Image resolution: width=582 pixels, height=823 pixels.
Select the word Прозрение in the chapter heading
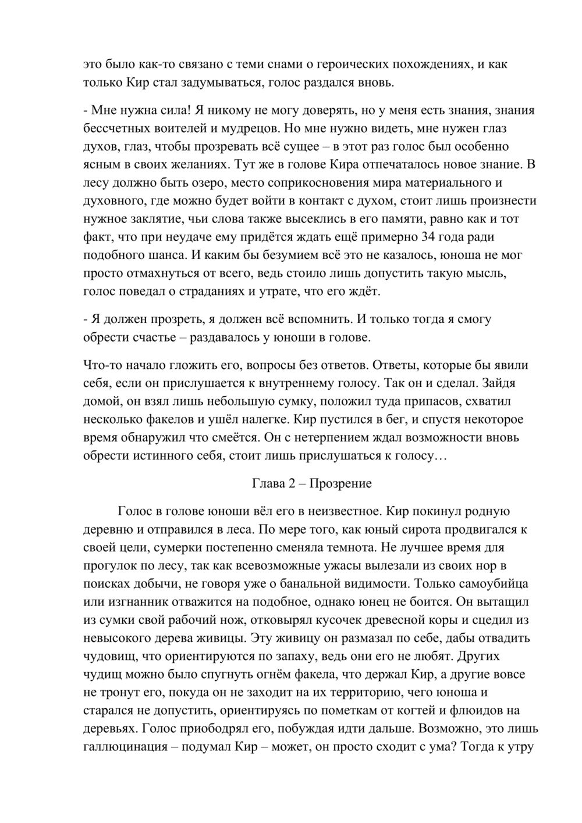[340, 484]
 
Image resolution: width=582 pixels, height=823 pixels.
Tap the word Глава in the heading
[266, 484]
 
